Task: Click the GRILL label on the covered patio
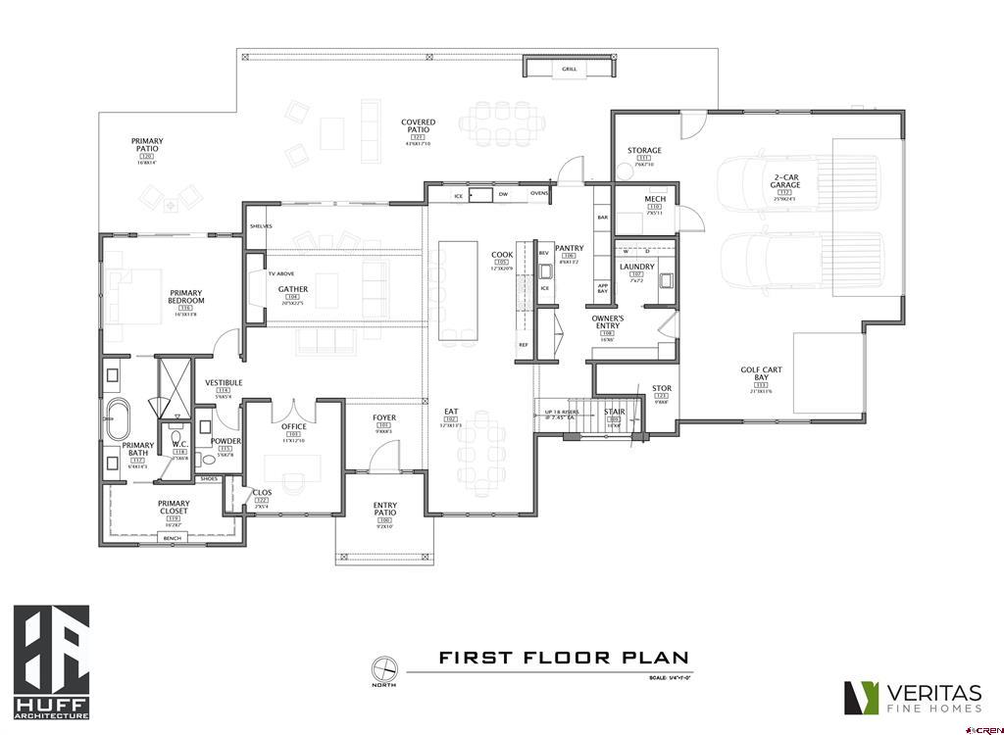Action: [569, 70]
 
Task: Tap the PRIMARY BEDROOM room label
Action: [185, 298]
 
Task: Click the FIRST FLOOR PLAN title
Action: [563, 658]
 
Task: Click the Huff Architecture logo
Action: [51, 661]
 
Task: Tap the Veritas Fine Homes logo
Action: [913, 697]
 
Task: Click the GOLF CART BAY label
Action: [762, 375]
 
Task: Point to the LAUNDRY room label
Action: [637, 267]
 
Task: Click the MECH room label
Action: [655, 200]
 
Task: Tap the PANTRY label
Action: [569, 249]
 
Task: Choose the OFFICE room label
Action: [293, 426]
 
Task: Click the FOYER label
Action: [384, 418]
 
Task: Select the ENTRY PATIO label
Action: [384, 511]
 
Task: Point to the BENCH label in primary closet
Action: [173, 538]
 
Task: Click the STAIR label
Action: [615, 412]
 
